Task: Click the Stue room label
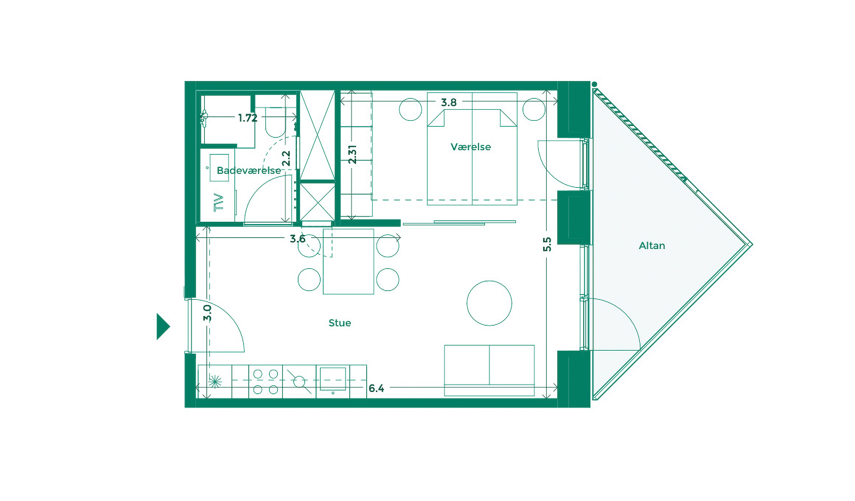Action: point(339,323)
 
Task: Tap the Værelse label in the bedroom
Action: point(471,147)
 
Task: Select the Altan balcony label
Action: point(652,246)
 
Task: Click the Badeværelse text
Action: point(248,171)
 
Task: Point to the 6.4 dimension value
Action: point(376,388)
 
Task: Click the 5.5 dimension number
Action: point(547,244)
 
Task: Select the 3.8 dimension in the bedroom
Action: point(449,102)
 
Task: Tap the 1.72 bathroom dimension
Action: point(248,118)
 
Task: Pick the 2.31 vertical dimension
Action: point(352,154)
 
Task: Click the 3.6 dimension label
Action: point(297,239)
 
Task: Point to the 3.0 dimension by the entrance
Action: point(207,313)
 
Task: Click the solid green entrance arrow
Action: point(163,326)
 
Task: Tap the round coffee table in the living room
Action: point(489,303)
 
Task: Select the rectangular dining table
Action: point(348,262)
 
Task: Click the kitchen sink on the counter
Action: point(333,379)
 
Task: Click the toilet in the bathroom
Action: point(275,123)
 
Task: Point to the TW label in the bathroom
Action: point(219,202)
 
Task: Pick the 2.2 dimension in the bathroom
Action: point(286,158)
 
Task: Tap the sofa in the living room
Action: point(489,370)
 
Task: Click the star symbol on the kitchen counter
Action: point(215,381)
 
